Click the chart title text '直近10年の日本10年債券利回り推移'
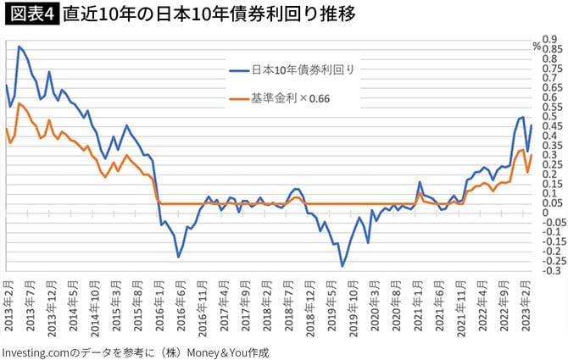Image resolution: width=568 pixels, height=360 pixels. [x=209, y=14]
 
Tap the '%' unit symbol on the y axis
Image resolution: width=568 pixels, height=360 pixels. [x=536, y=47]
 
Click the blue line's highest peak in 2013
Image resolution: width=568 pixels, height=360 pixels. [x=19, y=47]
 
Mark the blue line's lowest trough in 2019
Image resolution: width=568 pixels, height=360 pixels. [x=342, y=267]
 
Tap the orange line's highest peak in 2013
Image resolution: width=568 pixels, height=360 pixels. [x=19, y=103]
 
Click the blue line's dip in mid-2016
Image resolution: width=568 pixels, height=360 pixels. [x=179, y=257]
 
